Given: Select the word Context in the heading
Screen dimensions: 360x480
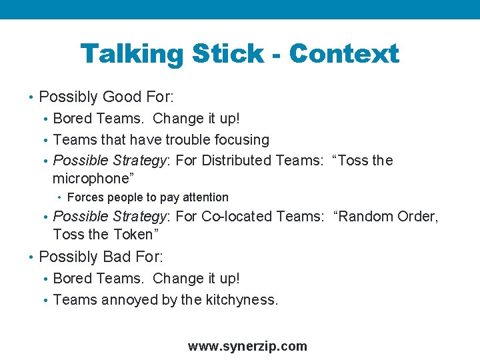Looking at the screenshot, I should pos(344,53).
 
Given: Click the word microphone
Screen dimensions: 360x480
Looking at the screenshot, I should pos(90,179).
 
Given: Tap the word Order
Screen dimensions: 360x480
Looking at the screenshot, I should pos(418,217).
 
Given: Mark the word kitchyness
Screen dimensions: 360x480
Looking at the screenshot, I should pos(240,300).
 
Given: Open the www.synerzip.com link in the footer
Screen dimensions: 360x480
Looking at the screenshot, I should pos(247,346).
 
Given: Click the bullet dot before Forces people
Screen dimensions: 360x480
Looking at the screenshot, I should pos(60,197).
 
